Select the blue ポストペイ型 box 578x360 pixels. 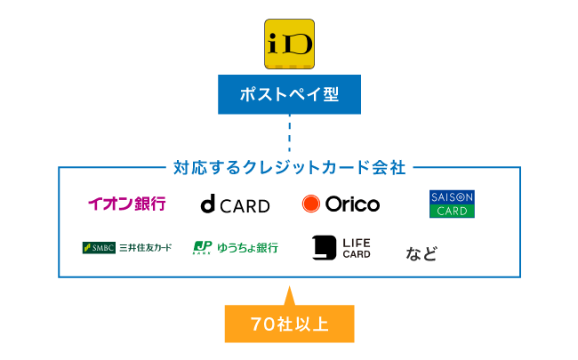click(289, 94)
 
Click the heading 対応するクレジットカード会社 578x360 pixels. click(289, 166)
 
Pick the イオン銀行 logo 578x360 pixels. click(126, 204)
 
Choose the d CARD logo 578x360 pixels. click(235, 205)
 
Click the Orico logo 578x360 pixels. click(341, 204)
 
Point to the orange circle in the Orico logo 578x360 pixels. click(310, 204)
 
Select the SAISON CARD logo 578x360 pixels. click(452, 204)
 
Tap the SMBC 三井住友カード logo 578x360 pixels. click(126, 247)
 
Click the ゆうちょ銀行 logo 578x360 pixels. click(236, 247)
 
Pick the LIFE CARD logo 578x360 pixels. click(341, 248)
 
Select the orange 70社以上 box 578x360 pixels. click(289, 324)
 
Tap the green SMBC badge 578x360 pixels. click(98, 247)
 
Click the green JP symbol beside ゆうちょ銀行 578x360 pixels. click(202, 247)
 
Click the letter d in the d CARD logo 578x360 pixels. click(207, 205)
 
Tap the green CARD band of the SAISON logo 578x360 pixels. click(452, 212)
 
